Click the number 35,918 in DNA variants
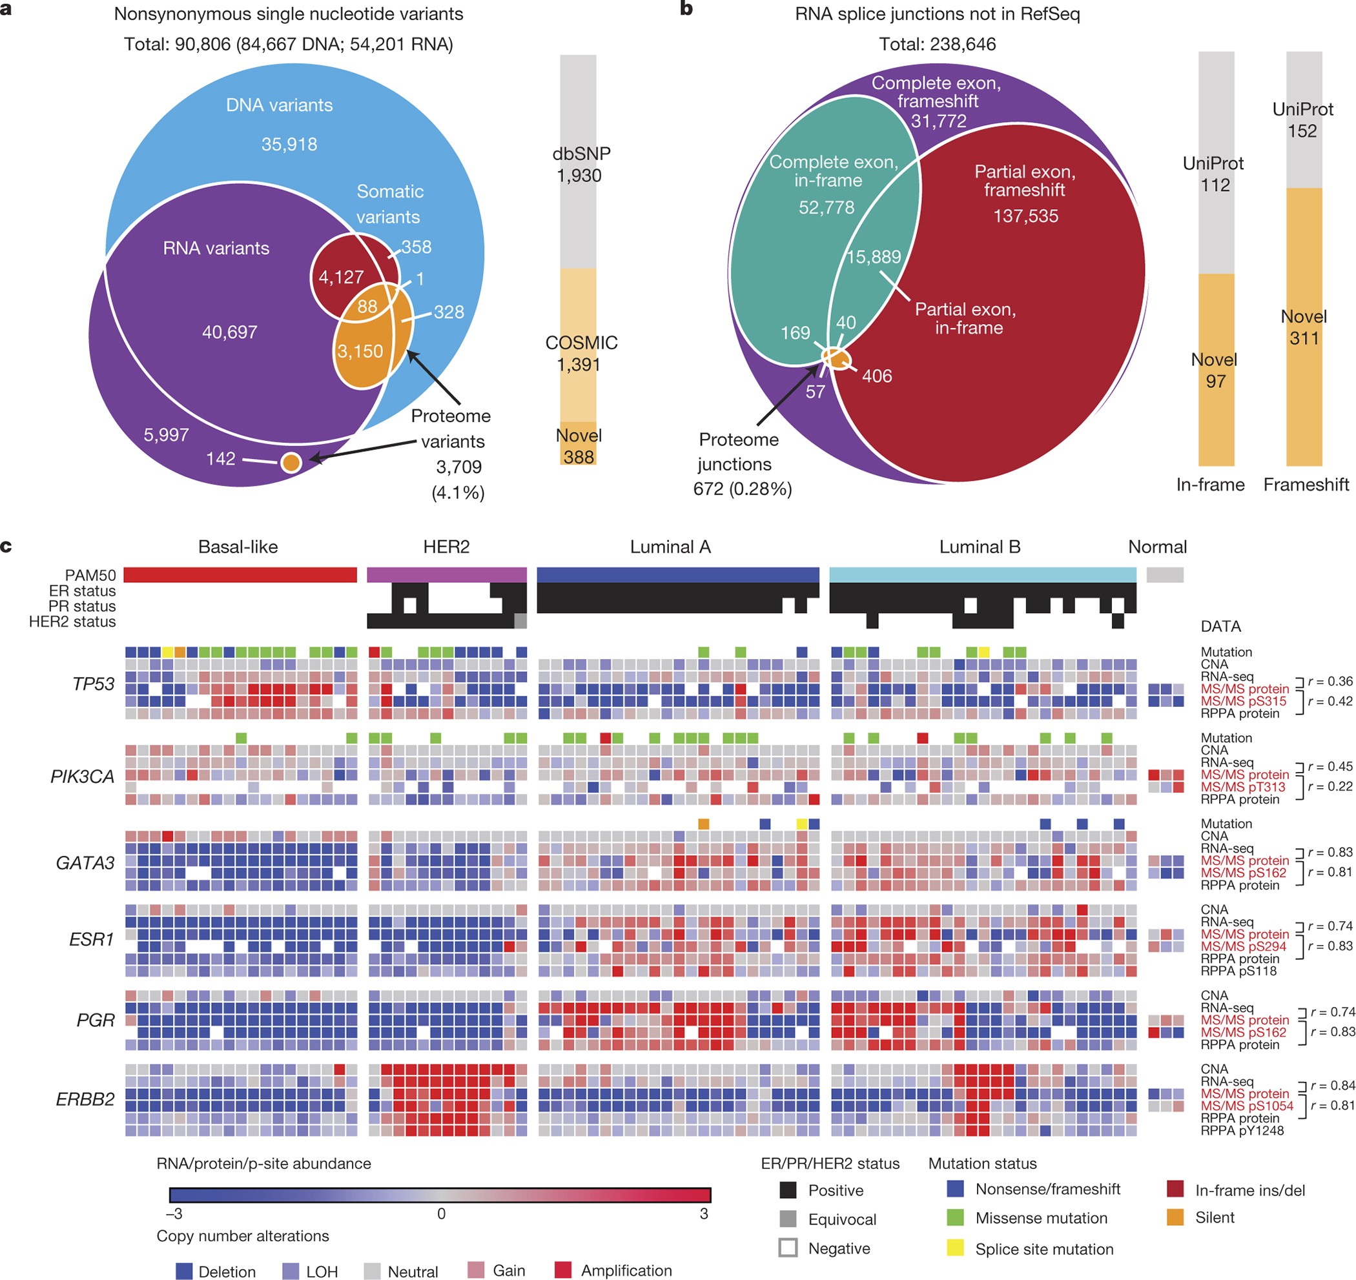289,145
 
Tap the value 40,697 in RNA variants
229,332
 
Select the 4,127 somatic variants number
340,277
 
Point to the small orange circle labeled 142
291,463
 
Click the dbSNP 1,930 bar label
580,165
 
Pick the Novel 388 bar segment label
578,446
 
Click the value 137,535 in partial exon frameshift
1025,216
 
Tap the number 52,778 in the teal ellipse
826,207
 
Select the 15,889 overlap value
874,256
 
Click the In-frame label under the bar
1209,485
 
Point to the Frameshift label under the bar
1306,485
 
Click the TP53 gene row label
94,684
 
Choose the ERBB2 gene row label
85,1099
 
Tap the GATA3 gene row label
85,863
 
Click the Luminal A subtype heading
670,547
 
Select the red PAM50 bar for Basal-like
240,574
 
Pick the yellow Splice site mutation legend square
956,1248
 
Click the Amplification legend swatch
562,1270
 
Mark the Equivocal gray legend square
788,1219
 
